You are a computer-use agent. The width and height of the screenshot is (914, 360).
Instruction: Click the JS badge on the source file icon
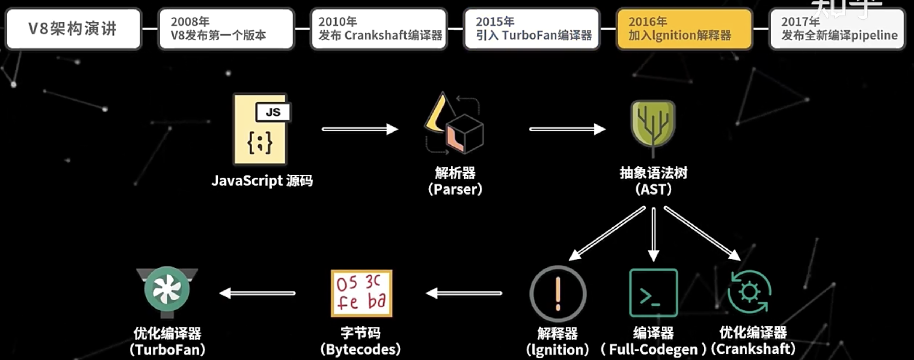click(x=273, y=112)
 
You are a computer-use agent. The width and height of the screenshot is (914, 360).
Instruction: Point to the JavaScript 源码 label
click(x=262, y=181)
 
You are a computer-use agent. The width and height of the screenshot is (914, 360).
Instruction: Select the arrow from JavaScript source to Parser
click(x=360, y=129)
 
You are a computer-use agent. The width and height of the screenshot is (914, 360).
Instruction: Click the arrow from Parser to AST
click(x=567, y=129)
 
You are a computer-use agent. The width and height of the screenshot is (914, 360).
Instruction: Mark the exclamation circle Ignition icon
click(x=558, y=294)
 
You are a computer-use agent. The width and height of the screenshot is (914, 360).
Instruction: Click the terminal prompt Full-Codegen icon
click(x=653, y=293)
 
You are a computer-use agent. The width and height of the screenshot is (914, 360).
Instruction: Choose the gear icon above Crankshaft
click(x=749, y=292)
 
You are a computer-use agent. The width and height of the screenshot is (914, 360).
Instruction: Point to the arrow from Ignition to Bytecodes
click(x=464, y=293)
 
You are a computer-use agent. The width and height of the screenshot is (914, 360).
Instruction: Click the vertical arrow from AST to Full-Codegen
click(x=653, y=234)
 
